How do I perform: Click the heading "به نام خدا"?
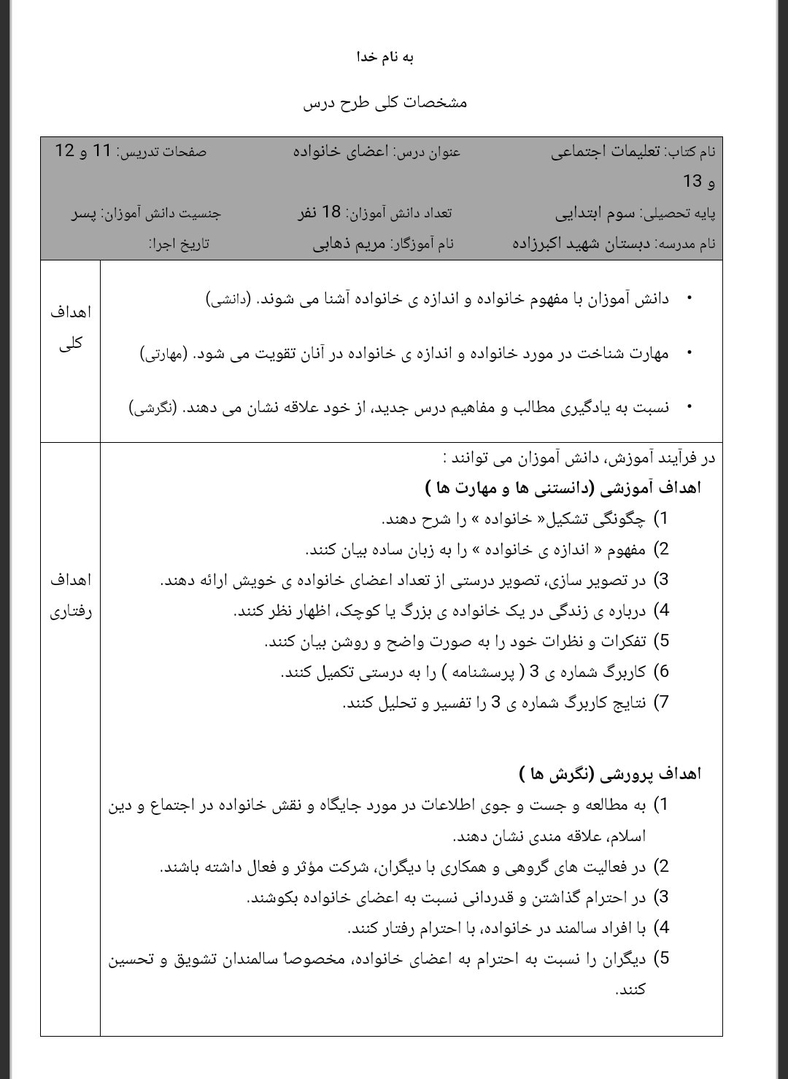pos(385,57)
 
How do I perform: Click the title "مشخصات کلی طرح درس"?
pos(385,102)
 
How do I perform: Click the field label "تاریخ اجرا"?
pos(179,244)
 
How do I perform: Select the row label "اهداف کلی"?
pos(70,328)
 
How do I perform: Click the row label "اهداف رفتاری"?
pos(70,596)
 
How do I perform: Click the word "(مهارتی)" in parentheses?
pos(163,354)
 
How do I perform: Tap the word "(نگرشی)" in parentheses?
pos(152,408)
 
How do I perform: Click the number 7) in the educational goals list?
pos(661,703)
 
